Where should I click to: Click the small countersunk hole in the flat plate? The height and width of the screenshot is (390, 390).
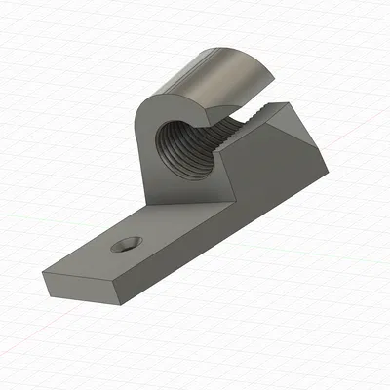pyautogui.click(x=124, y=245)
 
